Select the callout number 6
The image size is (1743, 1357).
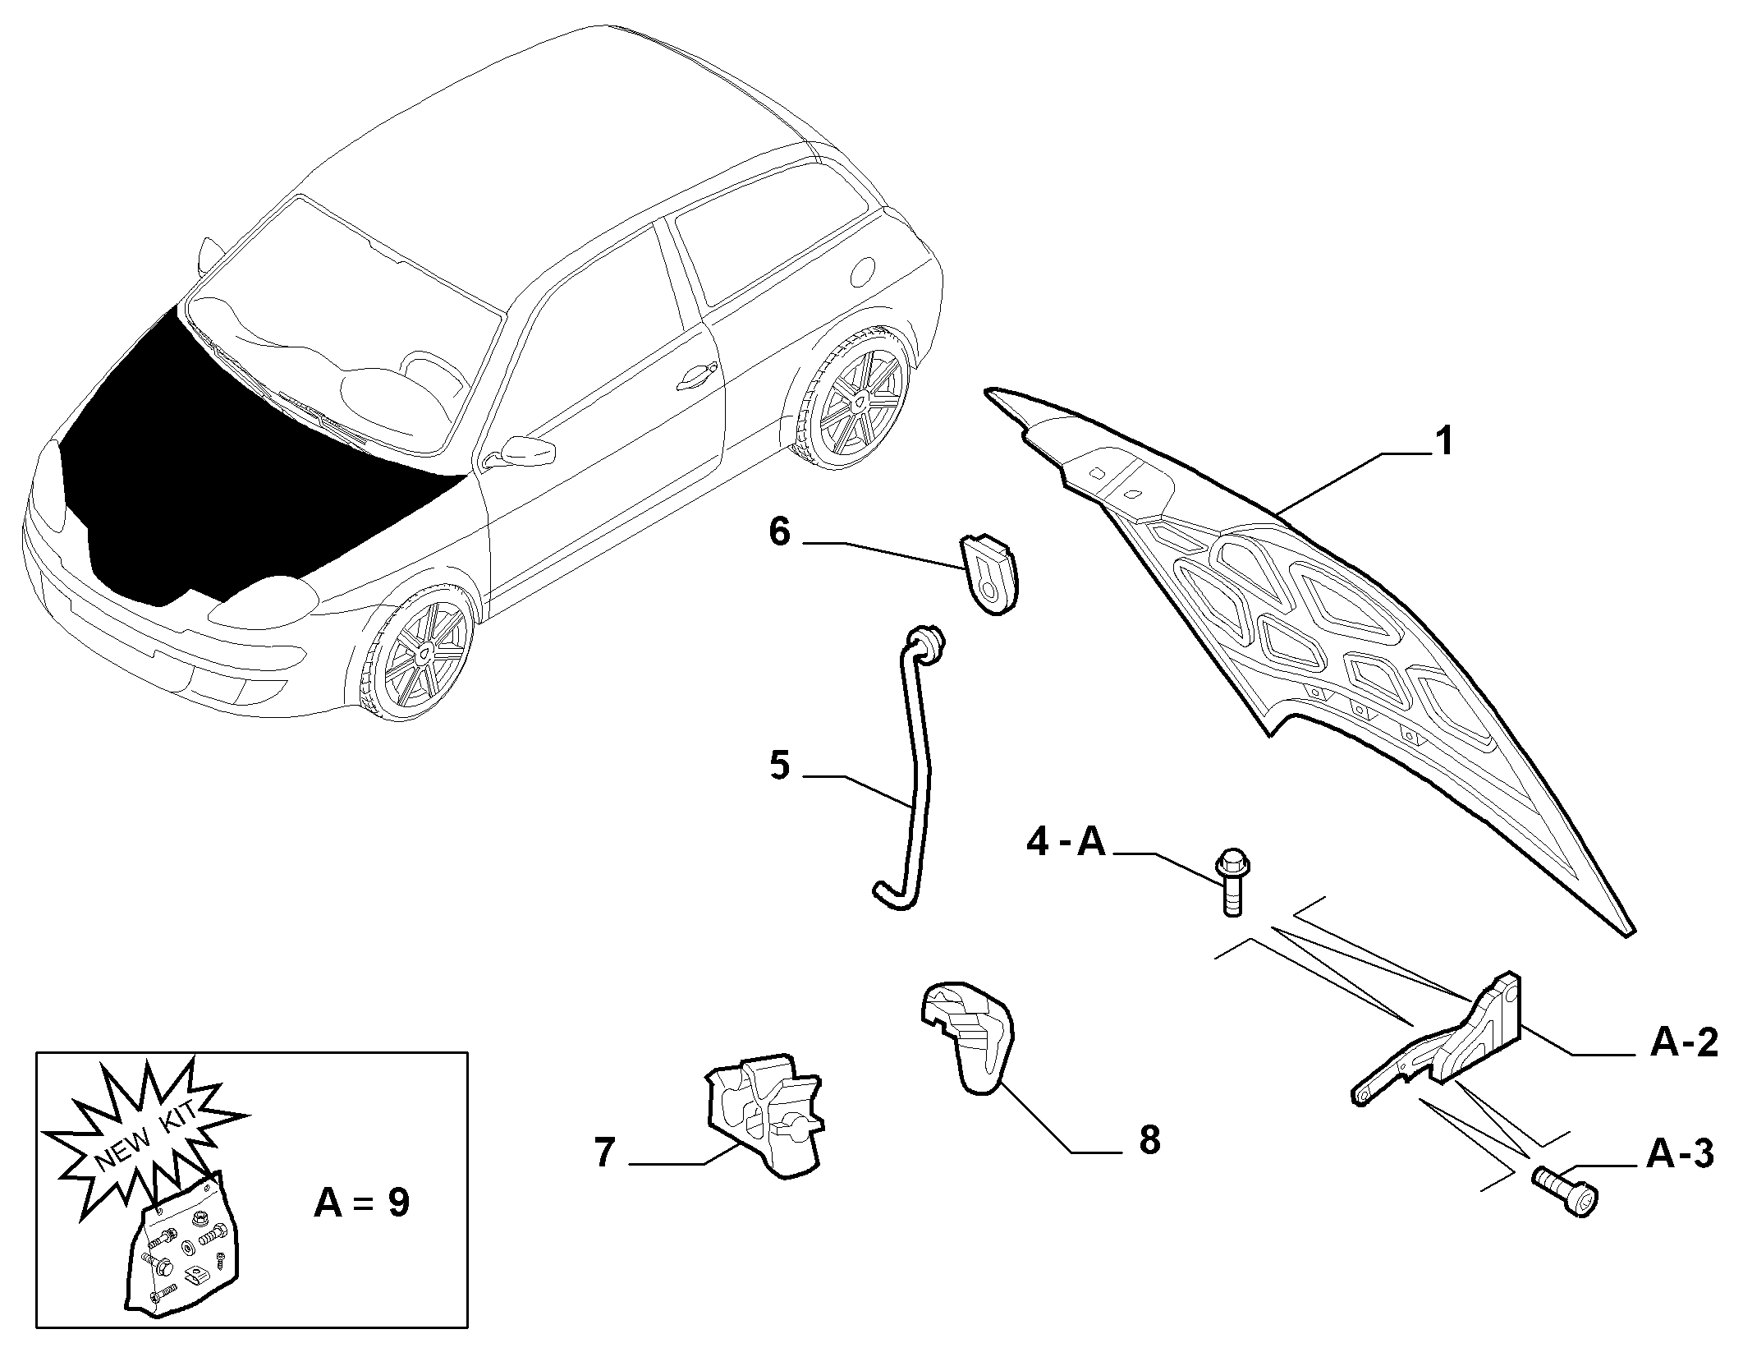[779, 532]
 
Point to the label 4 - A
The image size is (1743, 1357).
[1066, 843]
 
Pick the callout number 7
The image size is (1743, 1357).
[604, 1153]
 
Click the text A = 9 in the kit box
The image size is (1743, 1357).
[362, 1203]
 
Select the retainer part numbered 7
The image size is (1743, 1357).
[764, 1118]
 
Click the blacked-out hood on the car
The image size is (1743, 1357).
[246, 460]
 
